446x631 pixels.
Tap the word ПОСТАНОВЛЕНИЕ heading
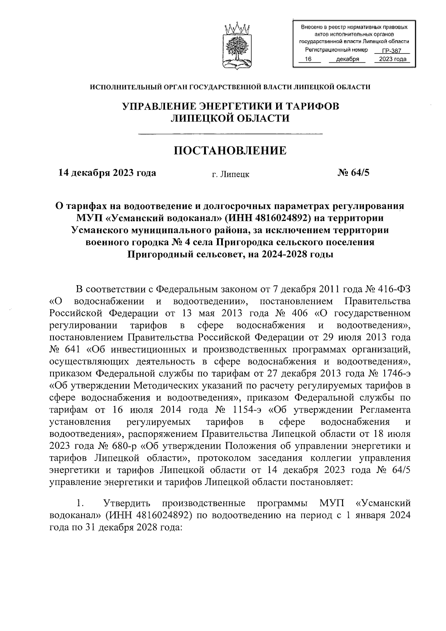point(230,151)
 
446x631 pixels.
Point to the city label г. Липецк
point(230,174)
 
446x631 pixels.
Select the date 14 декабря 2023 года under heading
point(107,173)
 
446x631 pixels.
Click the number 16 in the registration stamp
point(307,59)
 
